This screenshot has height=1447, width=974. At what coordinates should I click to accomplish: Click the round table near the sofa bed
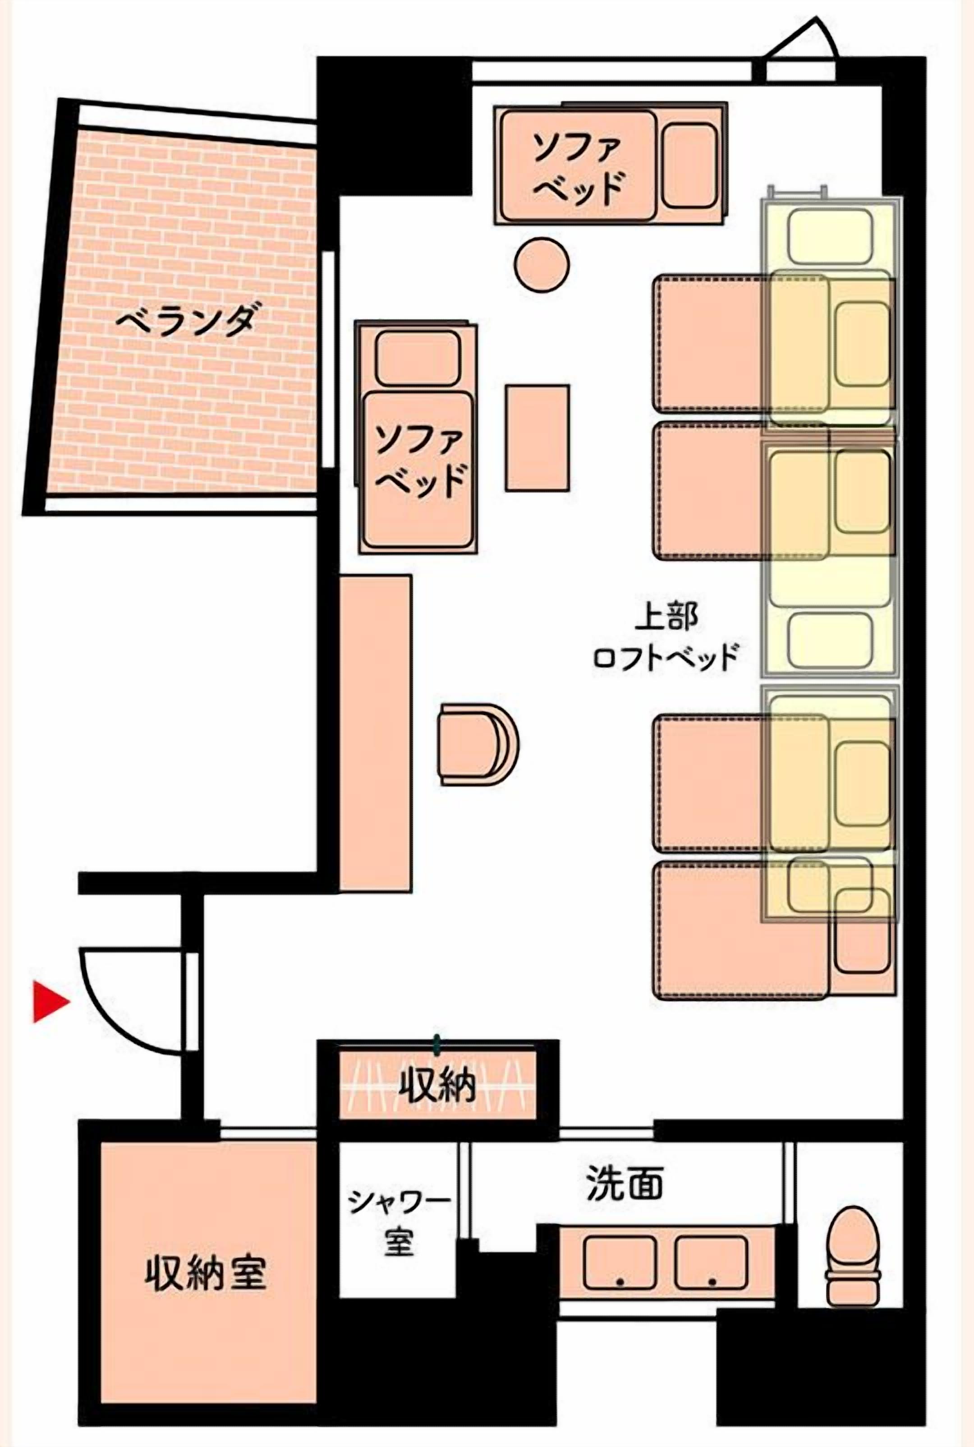pos(542,264)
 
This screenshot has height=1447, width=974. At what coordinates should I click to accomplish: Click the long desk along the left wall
pos(375,733)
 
